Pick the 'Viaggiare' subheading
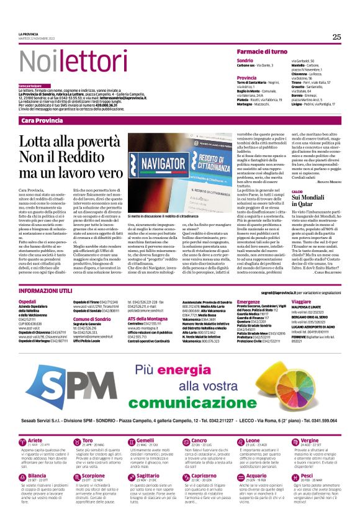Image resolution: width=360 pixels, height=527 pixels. [301, 300]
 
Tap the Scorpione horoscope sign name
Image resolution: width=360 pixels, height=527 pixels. [94, 493]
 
